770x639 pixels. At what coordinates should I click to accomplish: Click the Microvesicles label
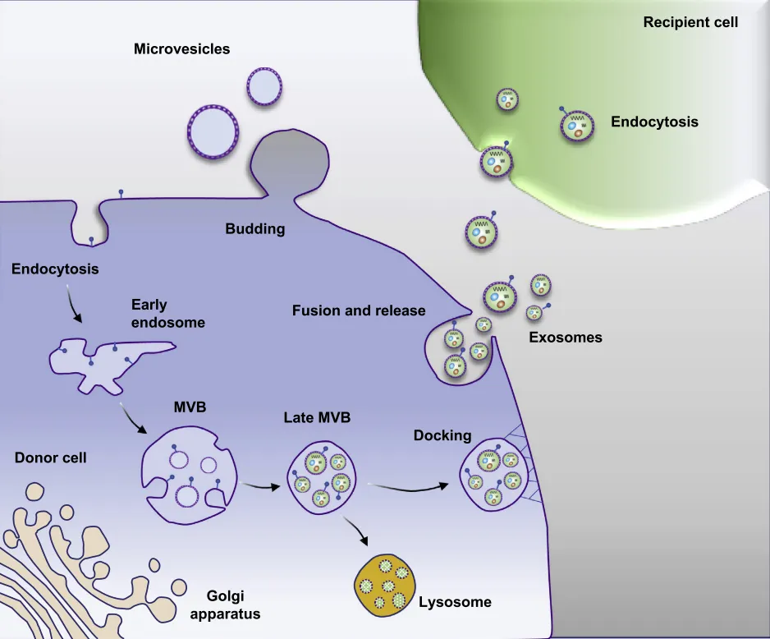coord(181,49)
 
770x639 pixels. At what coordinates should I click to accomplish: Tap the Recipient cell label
coord(690,22)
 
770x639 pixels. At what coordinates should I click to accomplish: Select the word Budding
coord(255,229)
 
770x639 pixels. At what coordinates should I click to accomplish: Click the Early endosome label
coord(167,313)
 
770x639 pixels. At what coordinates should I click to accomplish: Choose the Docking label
coord(443,435)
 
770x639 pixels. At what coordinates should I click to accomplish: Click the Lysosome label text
coord(455,602)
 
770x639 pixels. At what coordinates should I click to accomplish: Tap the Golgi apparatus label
coord(231,605)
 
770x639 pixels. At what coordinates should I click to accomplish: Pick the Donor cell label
coord(50,457)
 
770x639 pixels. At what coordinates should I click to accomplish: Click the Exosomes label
coord(565,338)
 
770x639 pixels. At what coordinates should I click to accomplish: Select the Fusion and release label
coord(359,310)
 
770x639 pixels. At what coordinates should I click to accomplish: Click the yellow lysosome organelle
coord(384,582)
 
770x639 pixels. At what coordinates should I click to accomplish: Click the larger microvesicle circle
coord(213,129)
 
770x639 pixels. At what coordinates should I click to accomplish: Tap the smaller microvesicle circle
coord(264,86)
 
